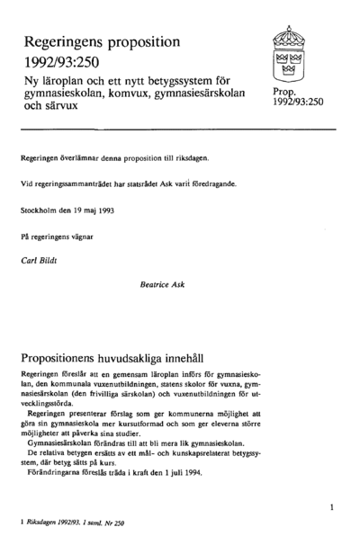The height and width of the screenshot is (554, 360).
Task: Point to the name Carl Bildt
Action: click(x=39, y=259)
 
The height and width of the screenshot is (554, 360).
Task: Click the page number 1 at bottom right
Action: click(x=332, y=508)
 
